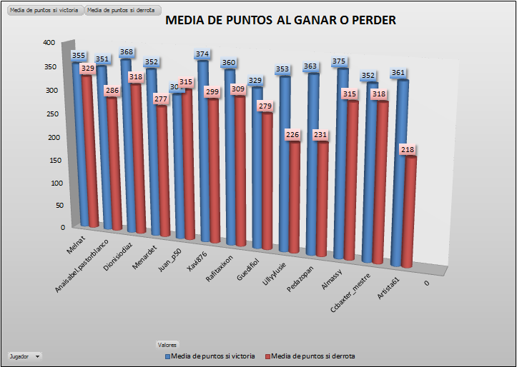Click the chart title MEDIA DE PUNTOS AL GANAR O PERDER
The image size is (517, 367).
click(280, 21)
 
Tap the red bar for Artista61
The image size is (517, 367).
click(407, 214)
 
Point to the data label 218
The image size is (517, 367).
click(408, 150)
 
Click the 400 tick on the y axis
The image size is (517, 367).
click(49, 43)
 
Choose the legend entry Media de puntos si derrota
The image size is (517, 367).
click(310, 356)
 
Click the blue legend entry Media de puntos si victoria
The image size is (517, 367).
click(210, 356)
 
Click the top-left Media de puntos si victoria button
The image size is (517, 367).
click(43, 11)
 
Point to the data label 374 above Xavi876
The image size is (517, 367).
click(202, 54)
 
